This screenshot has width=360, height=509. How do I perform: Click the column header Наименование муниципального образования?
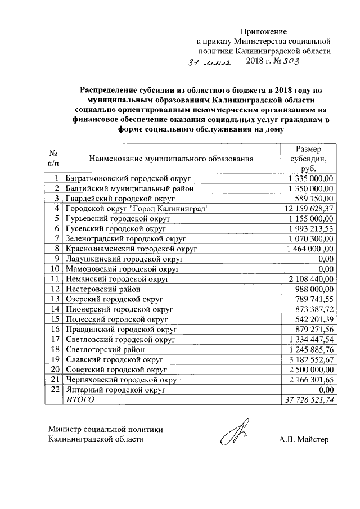(170, 159)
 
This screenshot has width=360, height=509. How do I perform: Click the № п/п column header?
(54, 159)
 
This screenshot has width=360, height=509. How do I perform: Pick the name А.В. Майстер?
(303, 439)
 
